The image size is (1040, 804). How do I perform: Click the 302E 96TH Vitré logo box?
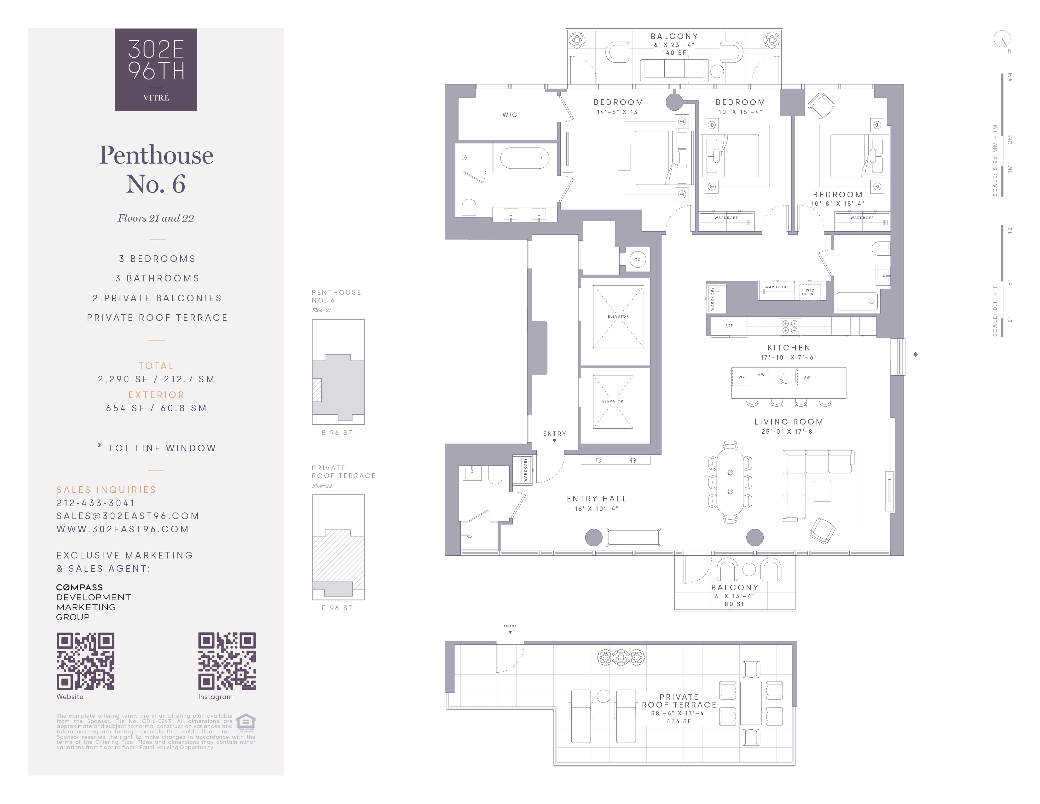pos(156,70)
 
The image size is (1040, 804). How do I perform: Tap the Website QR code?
pos(85,661)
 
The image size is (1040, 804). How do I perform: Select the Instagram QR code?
pos(227,661)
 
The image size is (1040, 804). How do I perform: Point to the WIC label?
pos(510,115)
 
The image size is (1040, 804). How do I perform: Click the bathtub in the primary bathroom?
pos(524,158)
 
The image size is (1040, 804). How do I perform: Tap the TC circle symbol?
pos(638,260)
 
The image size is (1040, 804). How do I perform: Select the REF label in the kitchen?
pos(729,326)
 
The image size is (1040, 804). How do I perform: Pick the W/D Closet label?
pos(810,292)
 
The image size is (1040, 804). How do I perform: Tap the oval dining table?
pos(730,482)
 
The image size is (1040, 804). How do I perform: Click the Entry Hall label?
pos(596,499)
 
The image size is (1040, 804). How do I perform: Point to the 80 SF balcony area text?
pos(734,604)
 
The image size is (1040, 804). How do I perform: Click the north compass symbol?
pos(1002,39)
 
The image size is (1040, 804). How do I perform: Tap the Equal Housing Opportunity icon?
pos(246,722)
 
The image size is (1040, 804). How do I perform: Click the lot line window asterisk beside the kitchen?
pos(915,354)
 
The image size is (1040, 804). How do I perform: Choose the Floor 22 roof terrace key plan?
pos(338,547)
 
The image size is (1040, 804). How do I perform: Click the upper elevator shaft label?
pos(618,316)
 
